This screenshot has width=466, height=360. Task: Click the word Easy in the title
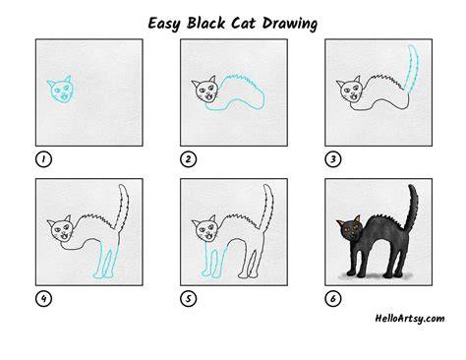pos(164,24)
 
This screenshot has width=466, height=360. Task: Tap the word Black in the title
pos(206,23)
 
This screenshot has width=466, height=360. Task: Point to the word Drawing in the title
pos(290,24)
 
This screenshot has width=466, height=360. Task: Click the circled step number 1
pos(43,159)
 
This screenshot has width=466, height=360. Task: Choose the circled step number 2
pos(189,159)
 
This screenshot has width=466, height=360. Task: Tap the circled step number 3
pos(333,159)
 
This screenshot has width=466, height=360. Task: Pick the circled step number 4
pos(43,299)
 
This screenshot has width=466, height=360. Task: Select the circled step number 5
pos(189,299)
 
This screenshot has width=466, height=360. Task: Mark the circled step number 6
pos(333,299)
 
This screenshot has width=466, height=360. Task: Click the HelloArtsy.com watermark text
pos(410,319)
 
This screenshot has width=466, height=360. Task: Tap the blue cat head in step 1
pos(61,90)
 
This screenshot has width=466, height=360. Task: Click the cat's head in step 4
pos(61,229)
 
